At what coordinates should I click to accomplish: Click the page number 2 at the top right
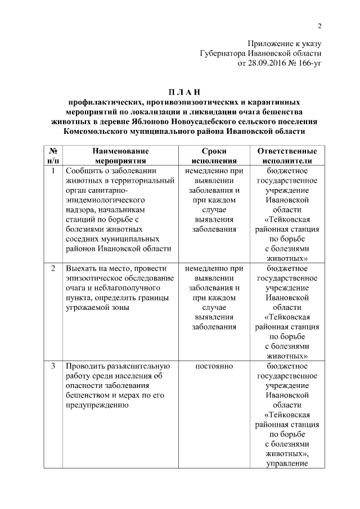click(319, 25)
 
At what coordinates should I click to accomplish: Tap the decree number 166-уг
click(308, 64)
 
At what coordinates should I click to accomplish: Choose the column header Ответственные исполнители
click(286, 156)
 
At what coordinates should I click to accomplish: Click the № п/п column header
click(52, 156)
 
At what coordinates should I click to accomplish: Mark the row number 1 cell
click(52, 170)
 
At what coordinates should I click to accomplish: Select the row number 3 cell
click(52, 367)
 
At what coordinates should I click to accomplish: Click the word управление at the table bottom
click(286, 464)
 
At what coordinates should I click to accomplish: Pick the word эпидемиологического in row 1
click(105, 200)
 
